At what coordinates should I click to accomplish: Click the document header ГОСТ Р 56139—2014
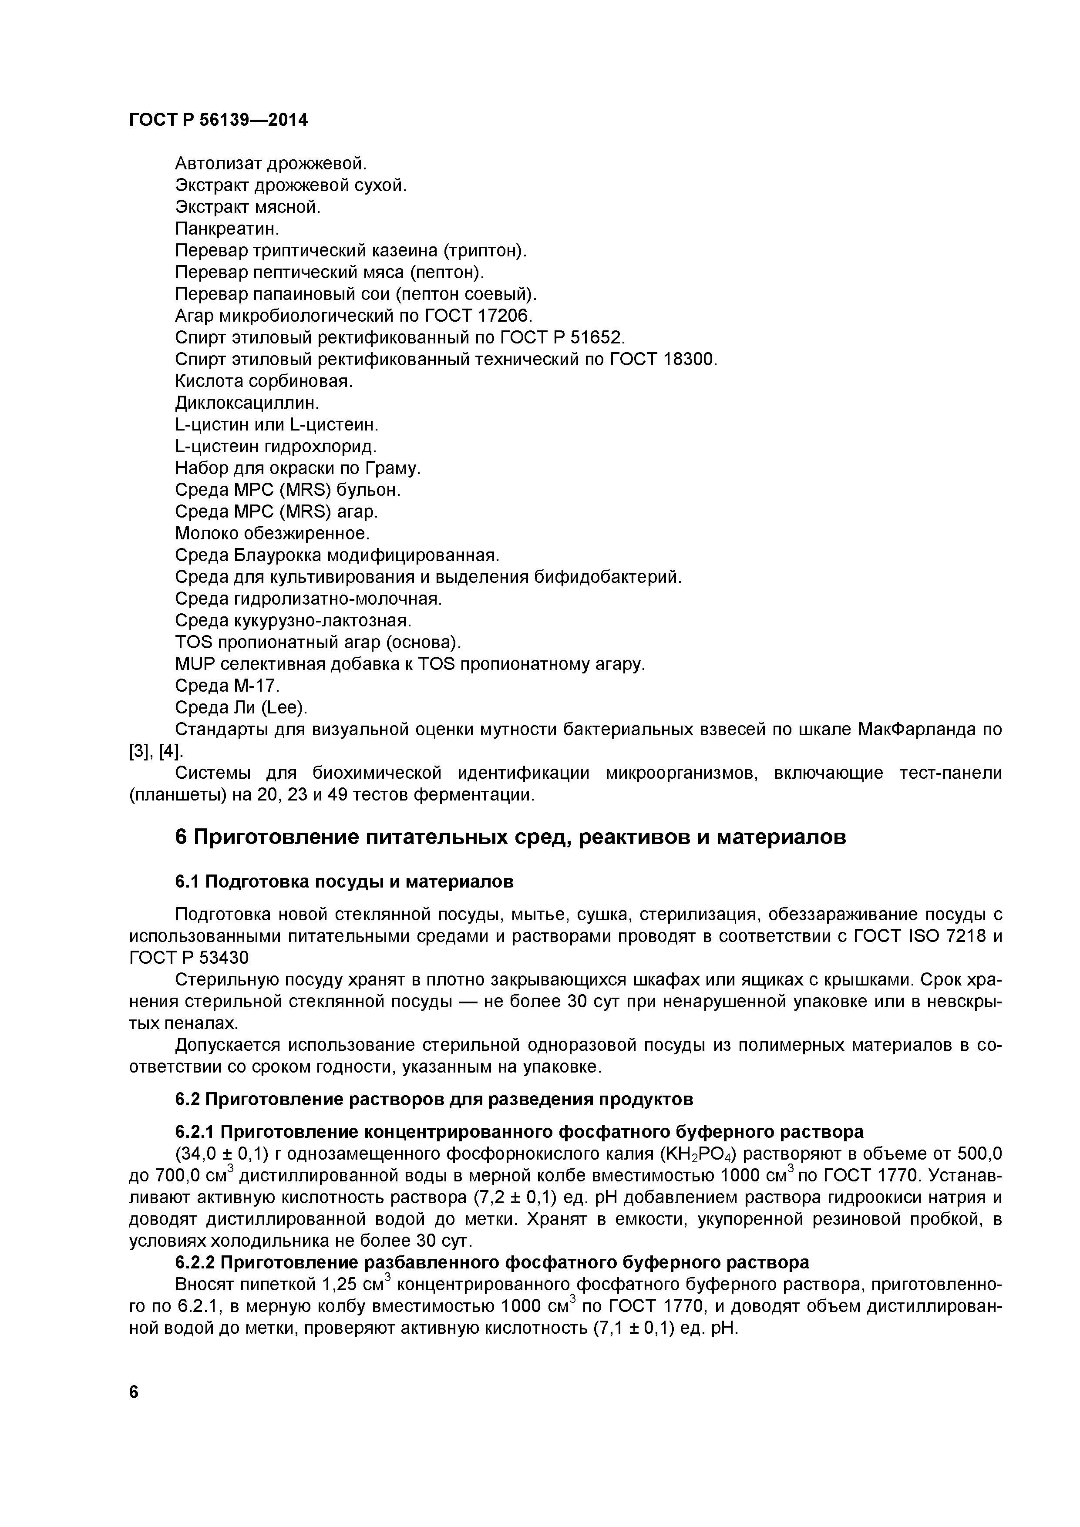point(218,120)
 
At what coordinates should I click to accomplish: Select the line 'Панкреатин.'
point(227,229)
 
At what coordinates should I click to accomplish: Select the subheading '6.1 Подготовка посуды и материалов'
point(344,882)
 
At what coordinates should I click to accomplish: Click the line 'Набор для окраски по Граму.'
point(298,468)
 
